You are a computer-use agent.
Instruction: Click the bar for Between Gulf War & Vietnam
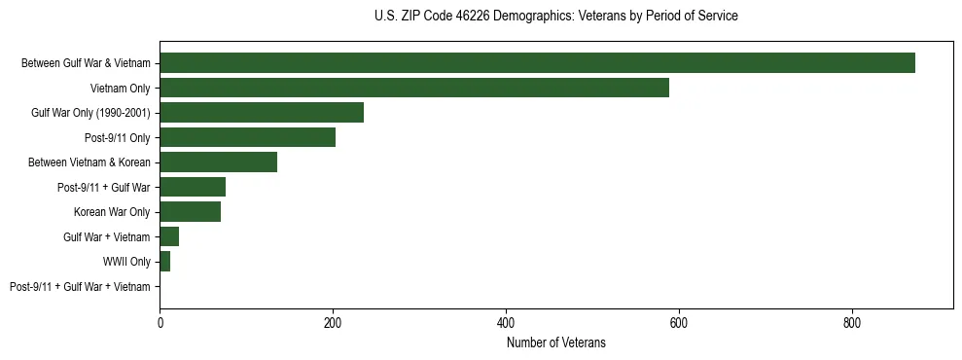pyautogui.click(x=537, y=63)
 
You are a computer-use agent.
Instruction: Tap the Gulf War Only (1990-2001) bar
pyautogui.click(x=262, y=113)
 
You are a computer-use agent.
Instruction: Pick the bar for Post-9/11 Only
pyautogui.click(x=247, y=137)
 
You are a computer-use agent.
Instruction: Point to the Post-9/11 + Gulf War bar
pyautogui.click(x=193, y=187)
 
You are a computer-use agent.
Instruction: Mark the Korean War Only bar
pyautogui.click(x=190, y=212)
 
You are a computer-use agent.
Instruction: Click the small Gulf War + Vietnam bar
pyautogui.click(x=169, y=236)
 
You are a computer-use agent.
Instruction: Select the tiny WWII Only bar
pyautogui.click(x=164, y=262)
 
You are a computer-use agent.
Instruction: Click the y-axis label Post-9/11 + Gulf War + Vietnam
pyautogui.click(x=80, y=287)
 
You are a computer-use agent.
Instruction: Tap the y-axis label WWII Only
pyautogui.click(x=126, y=262)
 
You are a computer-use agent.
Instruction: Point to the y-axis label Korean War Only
pyautogui.click(x=112, y=212)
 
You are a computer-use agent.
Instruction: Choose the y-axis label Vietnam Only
pyautogui.click(x=121, y=89)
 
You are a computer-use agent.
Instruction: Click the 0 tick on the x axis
pyautogui.click(x=160, y=322)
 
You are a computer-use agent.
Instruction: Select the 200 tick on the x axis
pyautogui.click(x=333, y=322)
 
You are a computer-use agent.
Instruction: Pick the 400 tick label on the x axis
pyautogui.click(x=506, y=322)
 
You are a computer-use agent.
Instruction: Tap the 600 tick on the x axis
pyautogui.click(x=679, y=322)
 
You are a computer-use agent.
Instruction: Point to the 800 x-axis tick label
pyautogui.click(x=852, y=322)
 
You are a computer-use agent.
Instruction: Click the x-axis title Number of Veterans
pyautogui.click(x=556, y=342)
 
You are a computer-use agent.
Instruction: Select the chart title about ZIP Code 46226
pyautogui.click(x=556, y=17)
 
